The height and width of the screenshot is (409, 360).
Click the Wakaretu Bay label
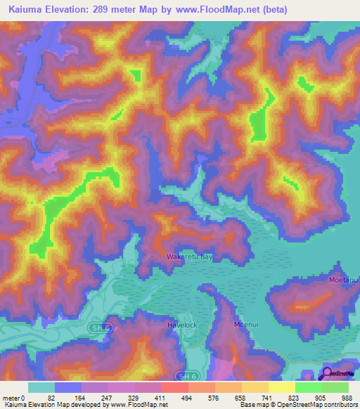point(189,257)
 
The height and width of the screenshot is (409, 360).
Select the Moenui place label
point(247,325)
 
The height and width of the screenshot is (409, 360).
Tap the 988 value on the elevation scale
point(346,397)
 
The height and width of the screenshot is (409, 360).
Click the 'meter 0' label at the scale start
point(14,397)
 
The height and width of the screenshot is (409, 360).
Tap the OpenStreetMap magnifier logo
point(328,375)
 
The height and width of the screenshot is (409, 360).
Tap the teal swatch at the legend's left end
point(41,387)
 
